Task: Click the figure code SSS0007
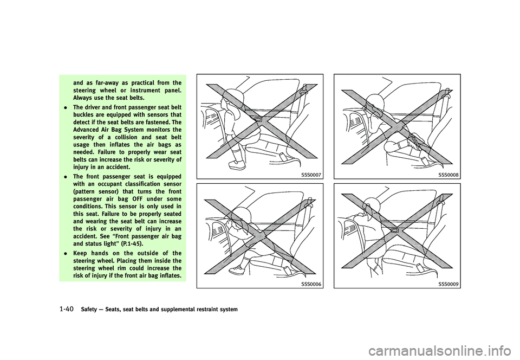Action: (313, 175)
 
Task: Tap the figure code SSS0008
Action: (450, 175)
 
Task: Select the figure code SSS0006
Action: (313, 284)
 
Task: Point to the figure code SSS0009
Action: (450, 284)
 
